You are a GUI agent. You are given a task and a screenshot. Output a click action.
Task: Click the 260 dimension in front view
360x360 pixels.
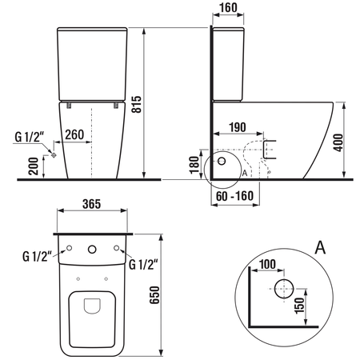pyautogui.click(x=77, y=134)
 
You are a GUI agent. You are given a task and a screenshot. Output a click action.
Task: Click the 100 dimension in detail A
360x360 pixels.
pyautogui.click(x=268, y=263)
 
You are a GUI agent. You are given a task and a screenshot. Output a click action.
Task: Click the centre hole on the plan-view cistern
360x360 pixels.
pyautogui.click(x=92, y=248)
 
